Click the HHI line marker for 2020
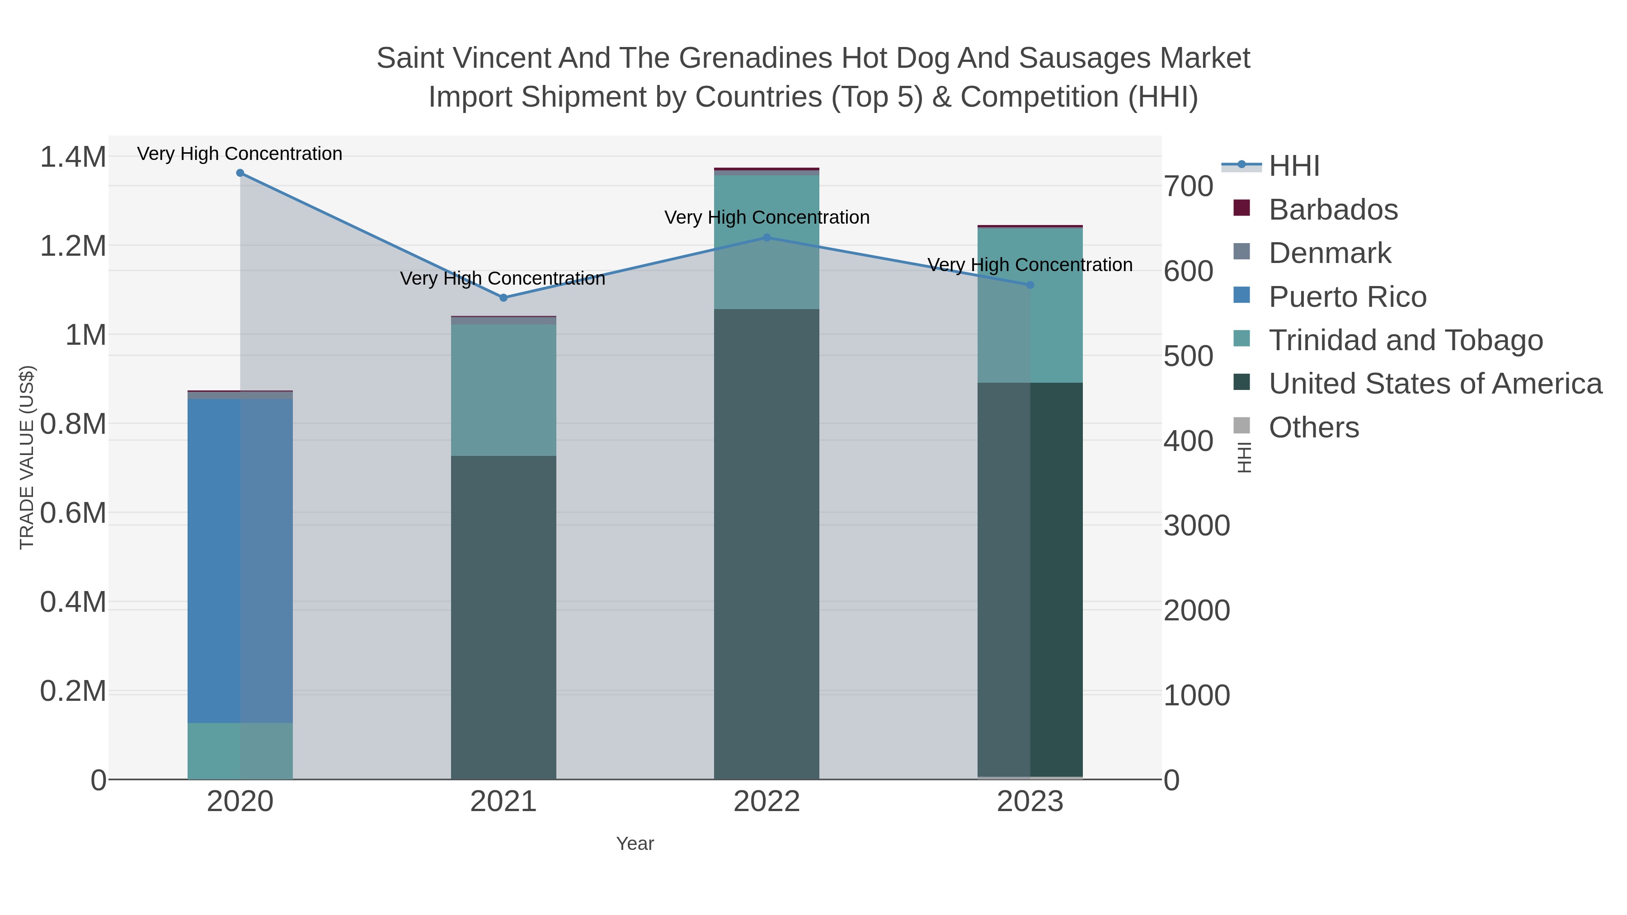pyautogui.click(x=240, y=173)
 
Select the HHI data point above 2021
pyautogui.click(x=503, y=297)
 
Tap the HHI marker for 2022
pyautogui.click(x=767, y=237)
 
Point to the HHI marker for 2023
pyautogui.click(x=1030, y=285)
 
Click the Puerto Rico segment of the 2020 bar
pyautogui.click(x=240, y=561)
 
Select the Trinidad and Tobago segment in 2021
pyautogui.click(x=503, y=390)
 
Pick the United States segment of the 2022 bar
pyautogui.click(x=767, y=544)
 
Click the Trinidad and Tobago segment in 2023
pyautogui.click(x=1030, y=305)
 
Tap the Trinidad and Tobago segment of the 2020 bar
pyautogui.click(x=240, y=751)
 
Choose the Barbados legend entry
pyautogui.click(x=1333, y=210)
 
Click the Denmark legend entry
pyautogui.click(x=1330, y=253)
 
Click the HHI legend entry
pyautogui.click(x=1293, y=166)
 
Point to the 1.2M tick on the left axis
pyautogui.click(x=73, y=246)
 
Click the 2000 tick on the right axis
pyautogui.click(x=1196, y=610)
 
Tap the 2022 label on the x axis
pyautogui.click(x=767, y=802)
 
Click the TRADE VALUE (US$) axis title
pyautogui.click(x=27, y=457)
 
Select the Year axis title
pyautogui.click(x=635, y=844)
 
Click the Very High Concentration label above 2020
pyautogui.click(x=240, y=154)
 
